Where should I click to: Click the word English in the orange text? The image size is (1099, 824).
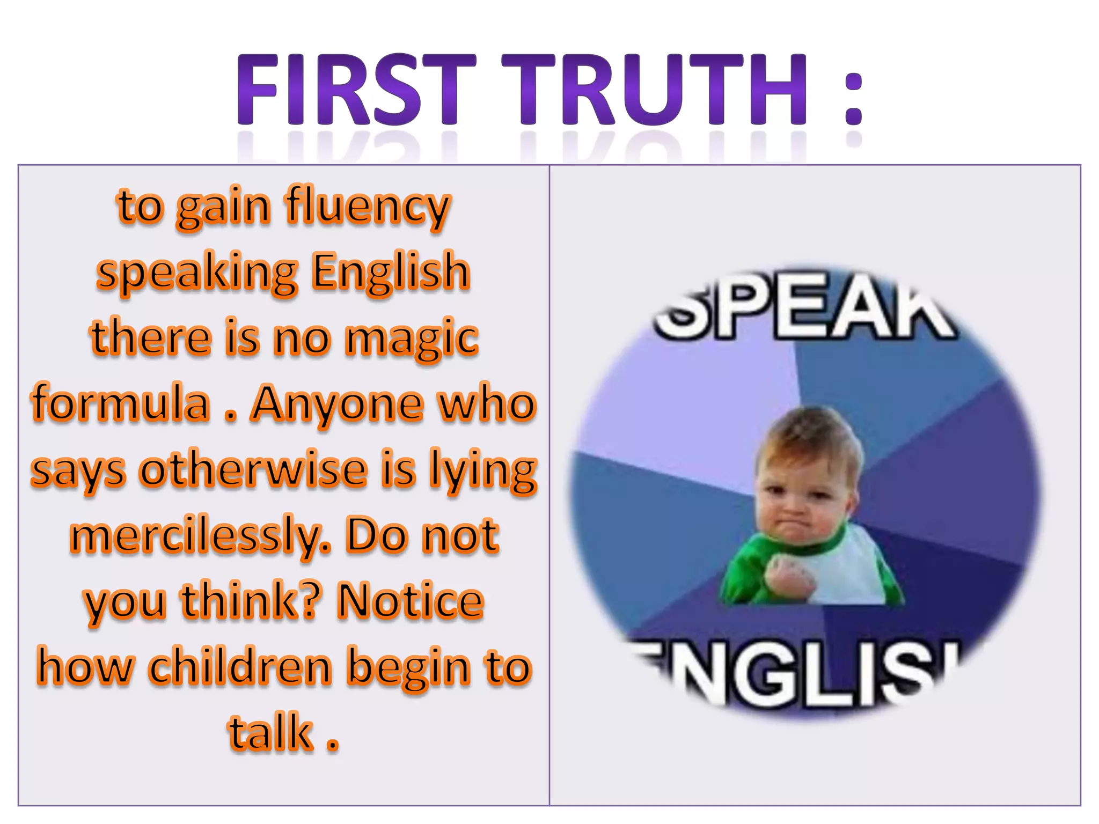click(391, 273)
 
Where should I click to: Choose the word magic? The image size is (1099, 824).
click(412, 339)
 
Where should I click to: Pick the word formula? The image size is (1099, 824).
click(121, 403)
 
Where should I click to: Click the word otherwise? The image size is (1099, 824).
click(253, 469)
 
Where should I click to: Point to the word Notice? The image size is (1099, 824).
click(411, 601)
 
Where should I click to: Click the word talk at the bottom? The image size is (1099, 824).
click(271, 733)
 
